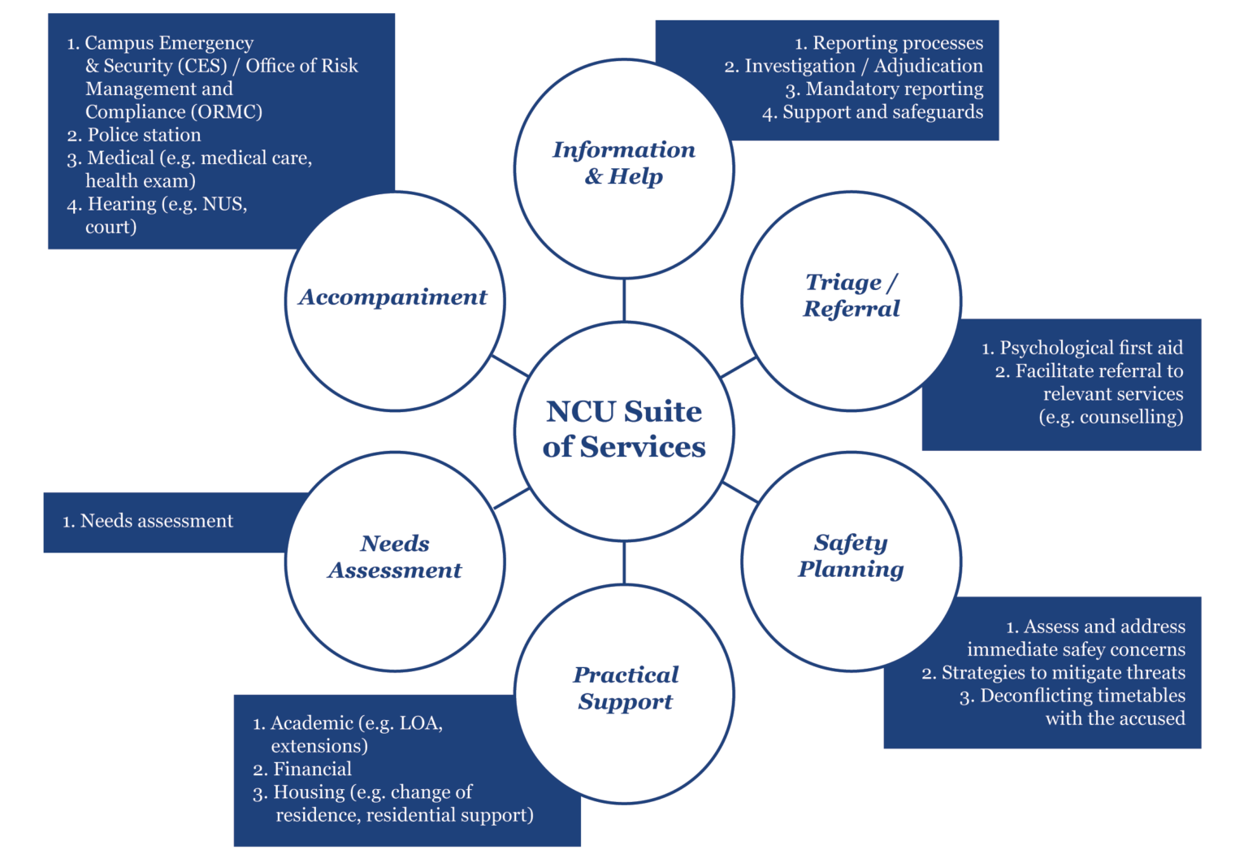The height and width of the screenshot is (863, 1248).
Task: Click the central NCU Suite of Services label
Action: [624, 429]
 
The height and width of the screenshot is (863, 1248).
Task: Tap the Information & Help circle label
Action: [624, 163]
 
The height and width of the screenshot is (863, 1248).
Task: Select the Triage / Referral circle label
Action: [851, 295]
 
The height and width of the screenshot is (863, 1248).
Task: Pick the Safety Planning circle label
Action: [851, 556]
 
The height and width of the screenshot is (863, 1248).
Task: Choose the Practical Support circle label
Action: [626, 687]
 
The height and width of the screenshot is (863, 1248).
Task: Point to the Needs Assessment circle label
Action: [395, 557]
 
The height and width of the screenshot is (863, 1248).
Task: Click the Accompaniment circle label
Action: [393, 297]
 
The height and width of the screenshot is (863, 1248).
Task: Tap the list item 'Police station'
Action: [144, 135]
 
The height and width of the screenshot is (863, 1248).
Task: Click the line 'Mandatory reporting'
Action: [894, 89]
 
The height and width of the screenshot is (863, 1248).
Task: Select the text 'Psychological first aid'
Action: [1090, 348]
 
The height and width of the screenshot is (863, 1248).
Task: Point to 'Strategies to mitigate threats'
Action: [1063, 673]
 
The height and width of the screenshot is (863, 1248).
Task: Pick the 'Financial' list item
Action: [312, 769]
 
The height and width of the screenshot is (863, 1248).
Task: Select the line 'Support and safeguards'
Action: [882, 112]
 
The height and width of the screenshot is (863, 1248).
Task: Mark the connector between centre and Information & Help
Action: [624, 299]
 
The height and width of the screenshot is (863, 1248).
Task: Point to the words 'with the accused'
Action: [1115, 718]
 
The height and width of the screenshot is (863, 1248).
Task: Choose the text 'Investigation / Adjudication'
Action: [863, 66]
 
